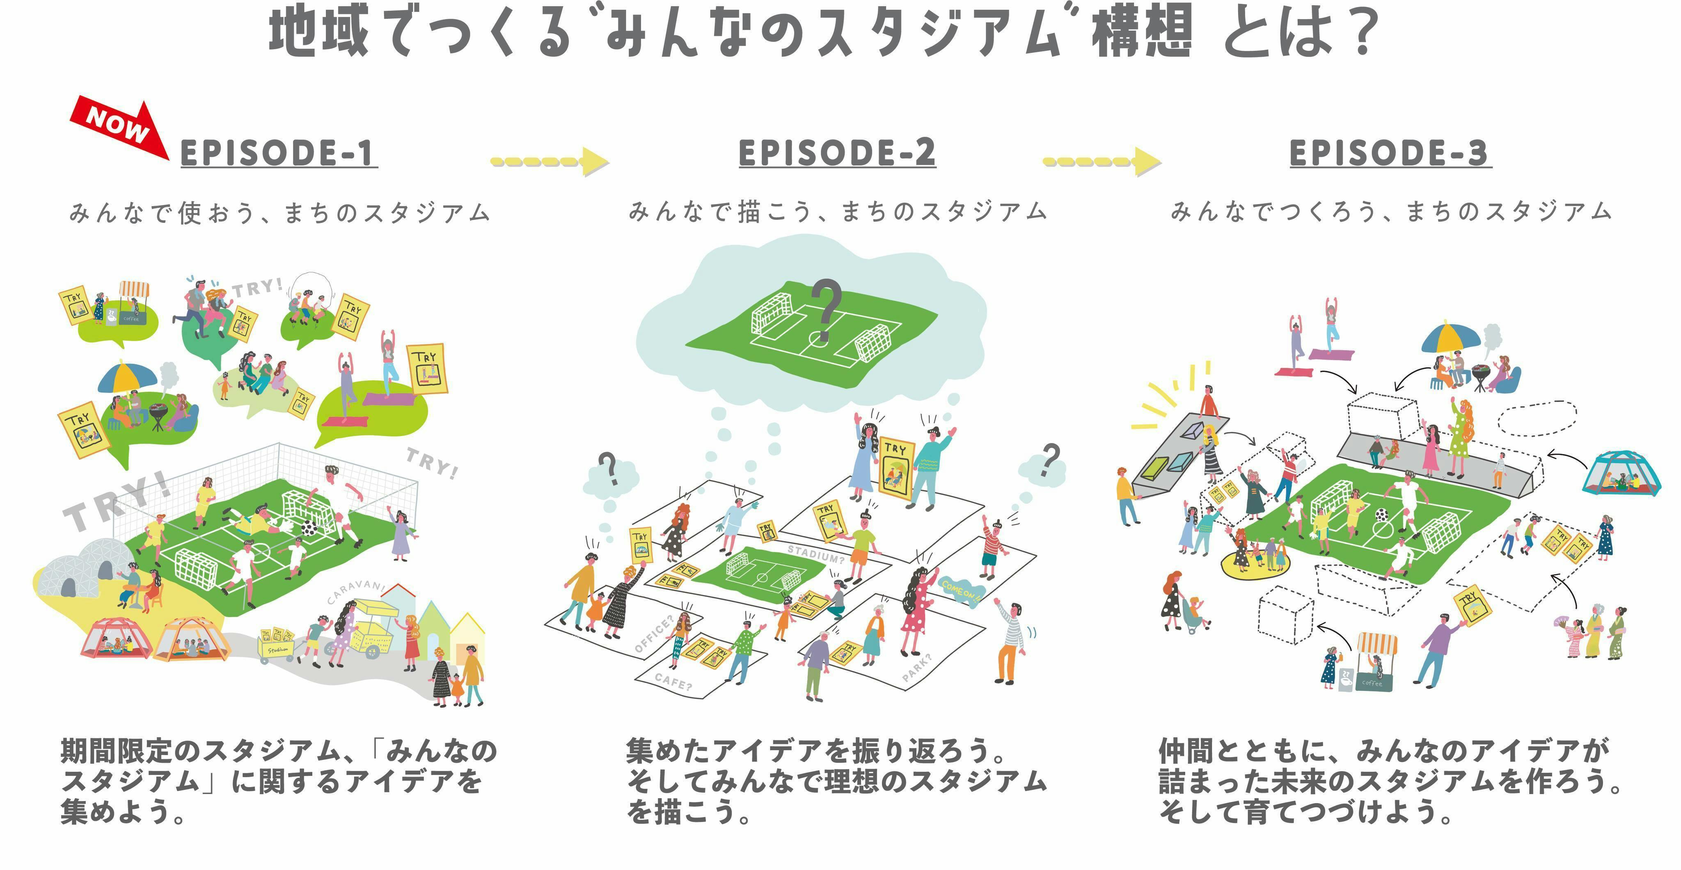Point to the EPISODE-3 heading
click(1390, 154)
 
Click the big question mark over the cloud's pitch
click(825, 310)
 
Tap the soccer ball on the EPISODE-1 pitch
click(309, 527)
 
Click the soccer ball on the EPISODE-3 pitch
click(1381, 515)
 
